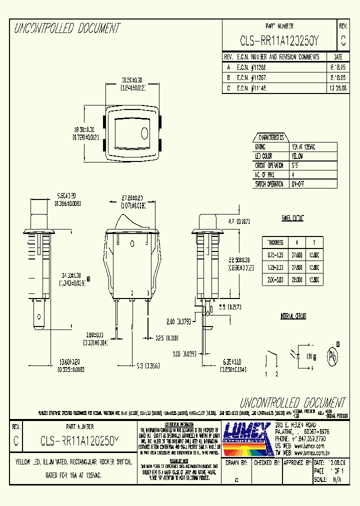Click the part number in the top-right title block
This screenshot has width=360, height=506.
click(x=279, y=40)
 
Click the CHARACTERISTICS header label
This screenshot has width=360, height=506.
click(x=270, y=137)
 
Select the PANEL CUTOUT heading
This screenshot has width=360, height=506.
click(x=293, y=218)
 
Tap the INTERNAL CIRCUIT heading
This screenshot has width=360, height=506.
click(x=293, y=316)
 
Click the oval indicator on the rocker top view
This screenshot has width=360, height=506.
click(x=144, y=133)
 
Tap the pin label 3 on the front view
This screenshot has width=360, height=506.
click(x=147, y=292)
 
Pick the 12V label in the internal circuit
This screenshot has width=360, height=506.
click(x=308, y=355)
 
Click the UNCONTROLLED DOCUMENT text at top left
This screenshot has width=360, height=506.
click(x=66, y=29)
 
